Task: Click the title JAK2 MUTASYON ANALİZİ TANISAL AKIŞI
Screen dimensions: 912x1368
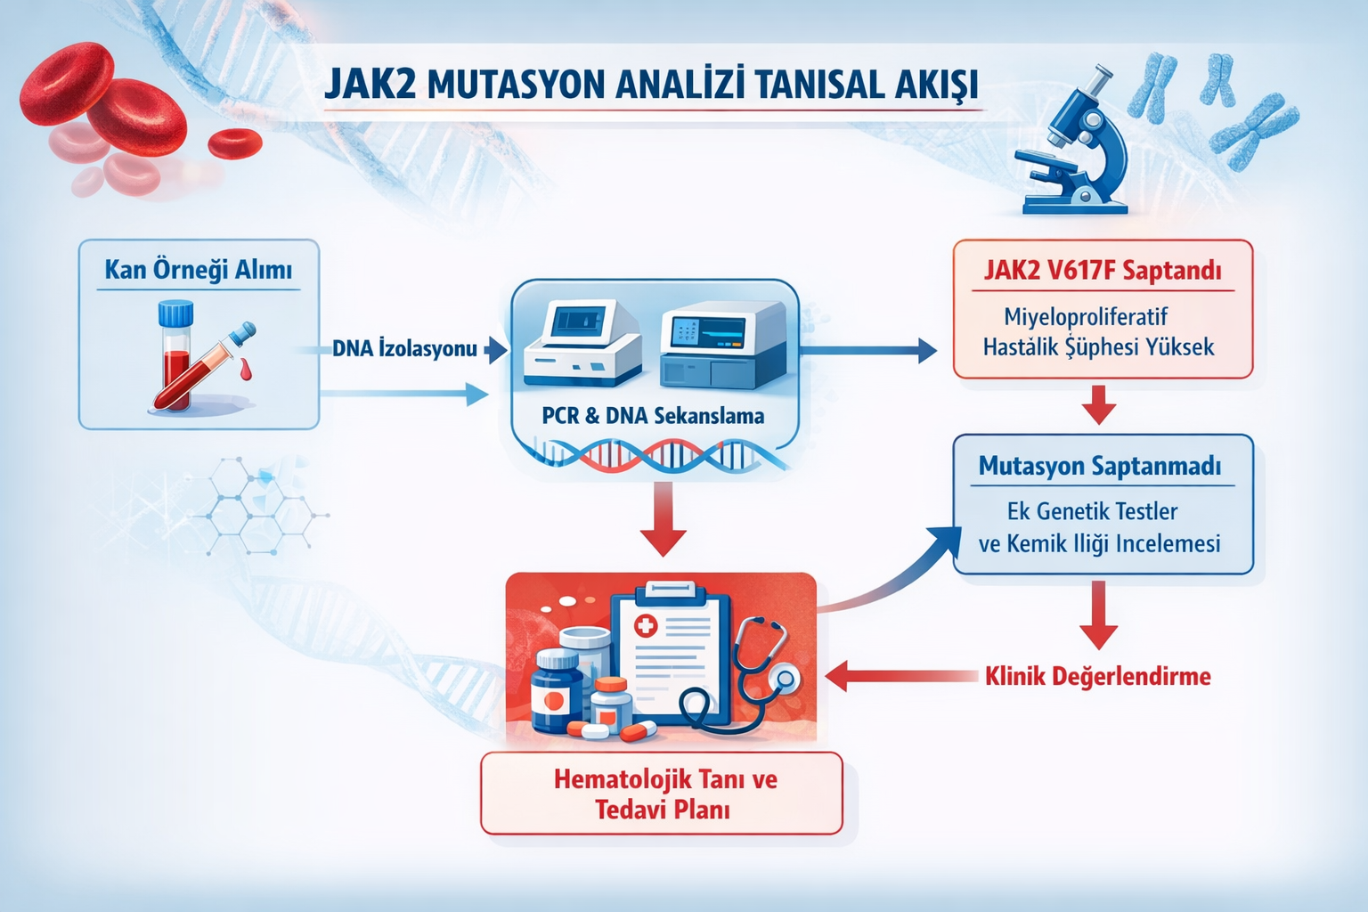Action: pyautogui.click(x=650, y=85)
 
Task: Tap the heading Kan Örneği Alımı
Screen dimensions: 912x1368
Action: pyautogui.click(x=198, y=270)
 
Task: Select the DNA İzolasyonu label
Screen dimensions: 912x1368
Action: pyautogui.click(x=404, y=348)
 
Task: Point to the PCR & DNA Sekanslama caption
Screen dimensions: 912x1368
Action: pyautogui.click(x=653, y=415)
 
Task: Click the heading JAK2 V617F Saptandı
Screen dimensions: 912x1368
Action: pyautogui.click(x=1102, y=270)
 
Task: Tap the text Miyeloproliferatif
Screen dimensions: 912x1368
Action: pyautogui.click(x=1085, y=317)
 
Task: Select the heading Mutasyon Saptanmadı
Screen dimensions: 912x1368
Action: pyautogui.click(x=1099, y=466)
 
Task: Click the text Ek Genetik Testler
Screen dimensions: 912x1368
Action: pyautogui.click(x=1092, y=511)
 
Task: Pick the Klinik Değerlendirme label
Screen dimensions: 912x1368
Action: pyautogui.click(x=1097, y=676)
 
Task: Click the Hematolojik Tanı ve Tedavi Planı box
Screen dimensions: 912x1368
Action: pyautogui.click(x=662, y=794)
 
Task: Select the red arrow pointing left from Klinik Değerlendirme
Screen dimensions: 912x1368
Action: pyautogui.click(x=900, y=676)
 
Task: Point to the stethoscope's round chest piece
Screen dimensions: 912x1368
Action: pyautogui.click(x=785, y=679)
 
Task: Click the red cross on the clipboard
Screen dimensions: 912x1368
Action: pyautogui.click(x=645, y=626)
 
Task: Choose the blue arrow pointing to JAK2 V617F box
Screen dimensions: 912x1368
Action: pyautogui.click(x=868, y=350)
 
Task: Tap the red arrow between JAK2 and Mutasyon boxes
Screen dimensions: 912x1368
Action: pyautogui.click(x=1098, y=405)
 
